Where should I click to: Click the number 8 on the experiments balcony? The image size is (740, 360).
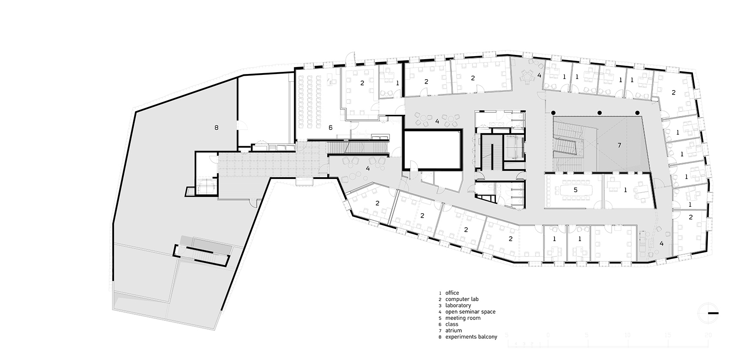(216, 128)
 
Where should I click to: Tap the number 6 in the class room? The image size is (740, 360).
(330, 128)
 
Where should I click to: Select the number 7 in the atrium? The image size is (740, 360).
(619, 145)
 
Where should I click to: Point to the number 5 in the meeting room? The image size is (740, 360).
(575, 190)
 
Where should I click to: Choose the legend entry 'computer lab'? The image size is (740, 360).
(462, 299)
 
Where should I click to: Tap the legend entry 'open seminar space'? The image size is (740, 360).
(470, 312)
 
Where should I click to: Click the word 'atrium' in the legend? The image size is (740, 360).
(454, 331)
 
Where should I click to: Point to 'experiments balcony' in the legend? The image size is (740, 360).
(471, 337)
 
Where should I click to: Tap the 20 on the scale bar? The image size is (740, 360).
(708, 335)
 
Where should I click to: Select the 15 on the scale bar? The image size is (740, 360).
(668, 335)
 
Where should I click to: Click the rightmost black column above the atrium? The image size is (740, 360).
(637, 112)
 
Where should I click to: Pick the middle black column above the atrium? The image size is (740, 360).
(599, 112)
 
